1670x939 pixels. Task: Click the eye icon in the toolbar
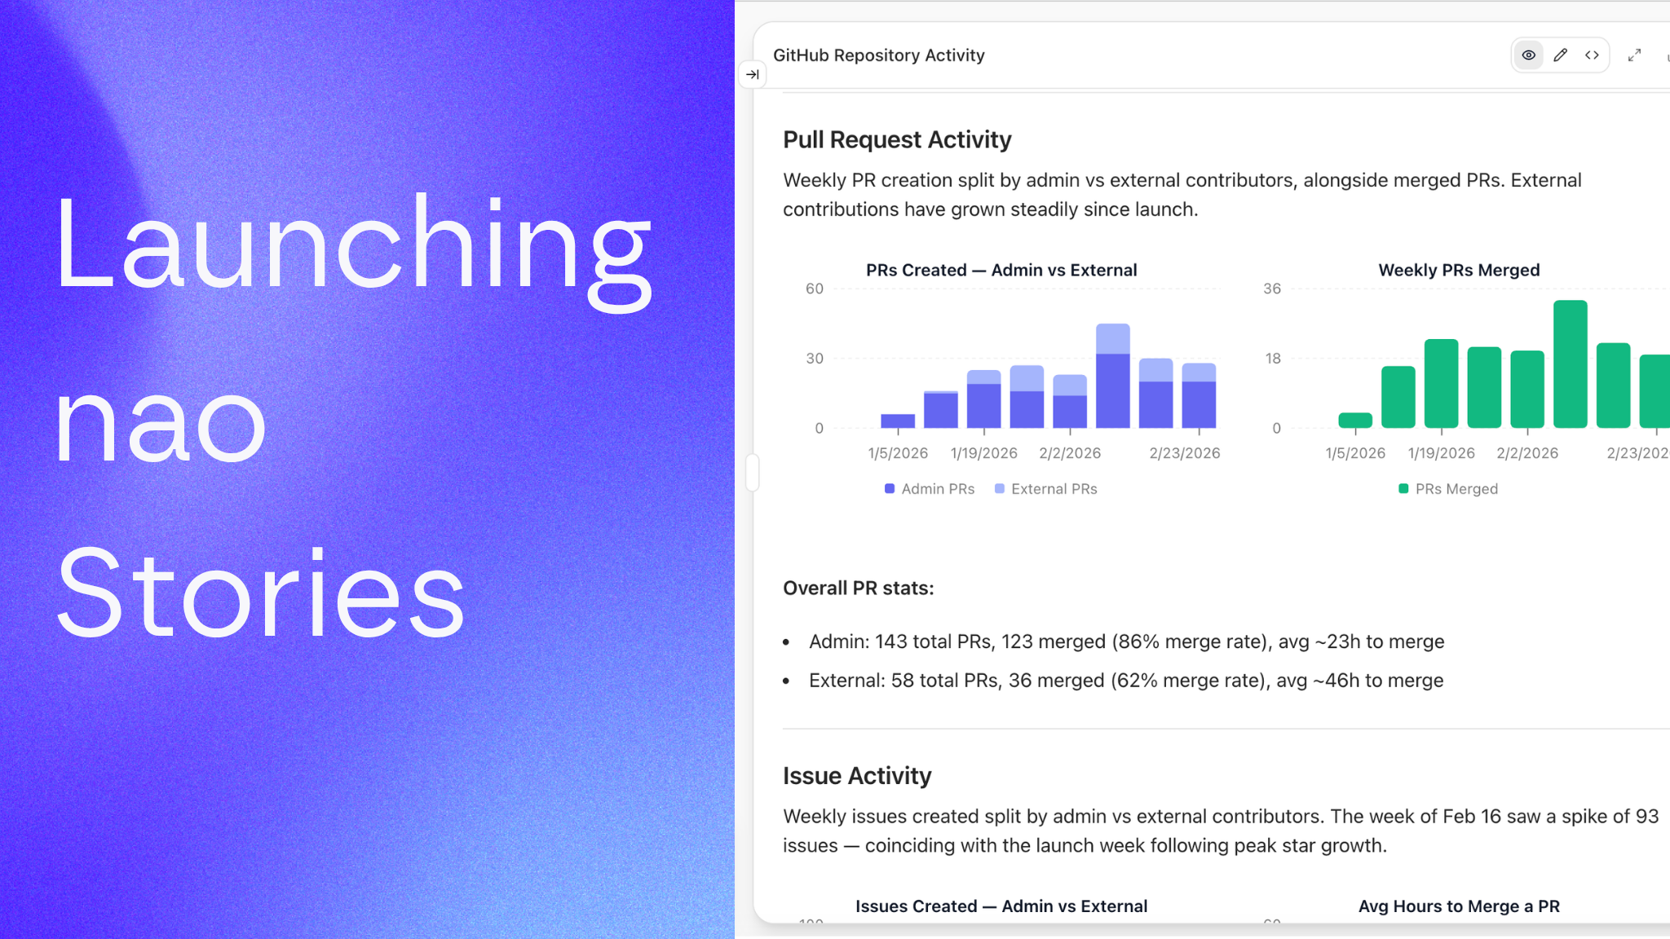tap(1528, 55)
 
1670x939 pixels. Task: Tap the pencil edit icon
tap(1560, 55)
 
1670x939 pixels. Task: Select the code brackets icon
tap(1592, 55)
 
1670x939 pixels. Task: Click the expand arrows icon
tap(1634, 55)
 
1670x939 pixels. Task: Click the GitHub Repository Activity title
tap(878, 55)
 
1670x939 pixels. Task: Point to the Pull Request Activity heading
tap(897, 140)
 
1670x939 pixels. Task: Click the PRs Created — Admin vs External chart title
tap(1001, 271)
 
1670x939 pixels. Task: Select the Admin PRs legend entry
tap(930, 489)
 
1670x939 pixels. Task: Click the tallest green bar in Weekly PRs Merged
tap(1570, 364)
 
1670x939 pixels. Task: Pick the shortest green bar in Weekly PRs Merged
tap(1355, 421)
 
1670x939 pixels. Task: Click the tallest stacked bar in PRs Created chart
tap(1112, 377)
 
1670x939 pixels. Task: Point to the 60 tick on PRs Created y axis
tap(814, 289)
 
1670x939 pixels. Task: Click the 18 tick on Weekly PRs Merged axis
tap(1272, 359)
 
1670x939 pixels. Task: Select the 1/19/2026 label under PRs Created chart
tap(983, 453)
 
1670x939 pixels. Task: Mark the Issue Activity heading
tap(857, 776)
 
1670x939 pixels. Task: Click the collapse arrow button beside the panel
tap(752, 75)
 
